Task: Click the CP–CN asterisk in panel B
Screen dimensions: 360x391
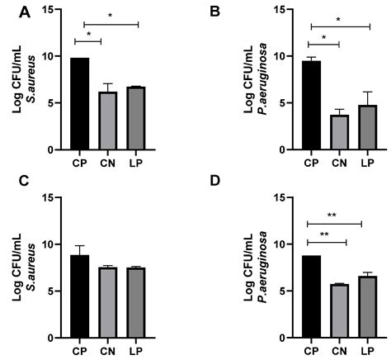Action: click(x=323, y=37)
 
